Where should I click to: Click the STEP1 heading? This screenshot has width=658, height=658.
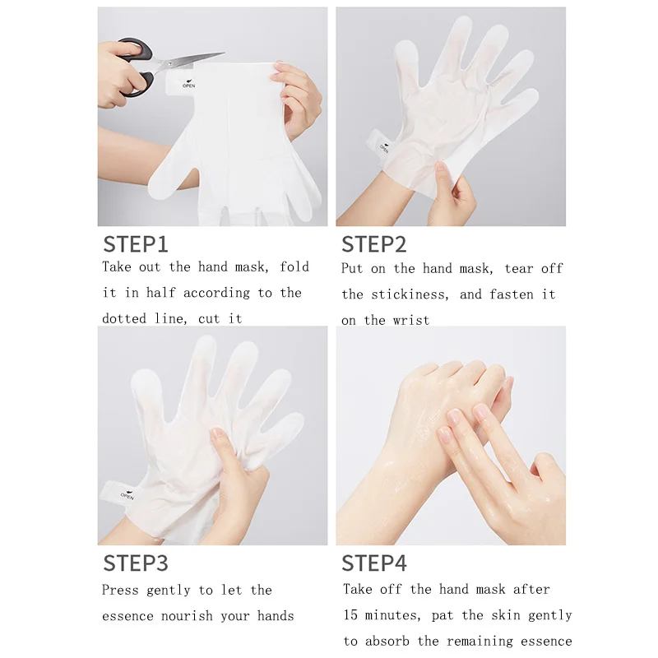click(x=136, y=244)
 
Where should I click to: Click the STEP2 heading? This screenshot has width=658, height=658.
click(x=374, y=244)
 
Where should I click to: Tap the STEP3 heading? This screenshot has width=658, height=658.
click(x=136, y=563)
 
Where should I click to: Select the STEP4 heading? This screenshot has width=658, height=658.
click(x=374, y=563)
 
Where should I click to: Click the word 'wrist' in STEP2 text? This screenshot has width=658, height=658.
click(x=411, y=321)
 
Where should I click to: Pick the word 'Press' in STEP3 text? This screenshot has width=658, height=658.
click(x=119, y=590)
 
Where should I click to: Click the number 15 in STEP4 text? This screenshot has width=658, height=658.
click(x=350, y=615)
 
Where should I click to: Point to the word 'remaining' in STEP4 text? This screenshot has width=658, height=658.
click(x=480, y=642)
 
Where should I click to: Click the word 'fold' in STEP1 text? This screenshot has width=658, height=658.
click(x=294, y=266)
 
